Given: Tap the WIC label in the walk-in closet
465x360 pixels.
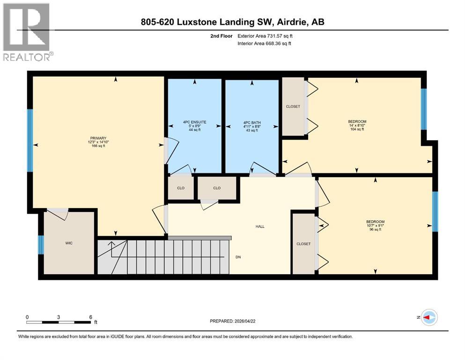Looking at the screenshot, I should click(69, 243).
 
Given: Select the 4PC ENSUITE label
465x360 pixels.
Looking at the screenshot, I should click(194, 122).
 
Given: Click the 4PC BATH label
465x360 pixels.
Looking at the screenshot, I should click(252, 122).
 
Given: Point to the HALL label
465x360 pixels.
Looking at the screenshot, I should click(260, 226).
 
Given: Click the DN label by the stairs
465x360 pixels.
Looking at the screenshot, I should click(238, 257).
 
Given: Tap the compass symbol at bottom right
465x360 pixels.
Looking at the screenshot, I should click(429, 317).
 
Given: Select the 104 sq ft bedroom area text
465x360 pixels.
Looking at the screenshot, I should click(357, 129).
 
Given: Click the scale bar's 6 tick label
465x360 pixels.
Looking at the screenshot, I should click(90, 317).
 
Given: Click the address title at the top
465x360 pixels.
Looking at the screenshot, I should click(232, 22).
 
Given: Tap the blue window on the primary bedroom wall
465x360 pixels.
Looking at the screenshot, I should click(30, 140).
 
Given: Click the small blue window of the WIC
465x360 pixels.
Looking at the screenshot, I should click(41, 244).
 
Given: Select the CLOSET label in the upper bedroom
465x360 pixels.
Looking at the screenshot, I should click(293, 106).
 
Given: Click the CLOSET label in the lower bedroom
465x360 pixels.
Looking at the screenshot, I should click(303, 244).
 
